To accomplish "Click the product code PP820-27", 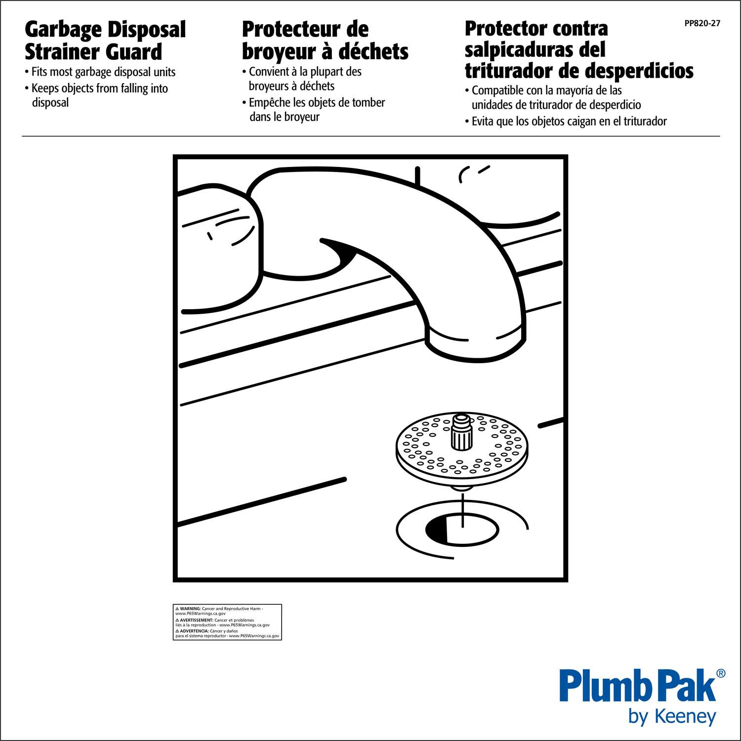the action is tap(702, 23).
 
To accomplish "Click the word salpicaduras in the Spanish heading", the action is tap(535, 50).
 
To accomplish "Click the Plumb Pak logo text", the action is tap(638, 686).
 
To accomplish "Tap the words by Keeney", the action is tap(672, 716).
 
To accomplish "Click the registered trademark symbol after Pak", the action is tap(721, 673).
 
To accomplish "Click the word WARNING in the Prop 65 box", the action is tap(190, 609).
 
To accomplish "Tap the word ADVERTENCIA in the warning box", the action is tap(194, 631).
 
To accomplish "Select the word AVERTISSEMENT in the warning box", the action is tap(196, 620).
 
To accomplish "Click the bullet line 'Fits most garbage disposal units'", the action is tap(100, 72).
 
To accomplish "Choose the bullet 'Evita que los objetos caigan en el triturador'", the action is tap(566, 122).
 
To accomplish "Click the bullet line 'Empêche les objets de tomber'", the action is tap(314, 103).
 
